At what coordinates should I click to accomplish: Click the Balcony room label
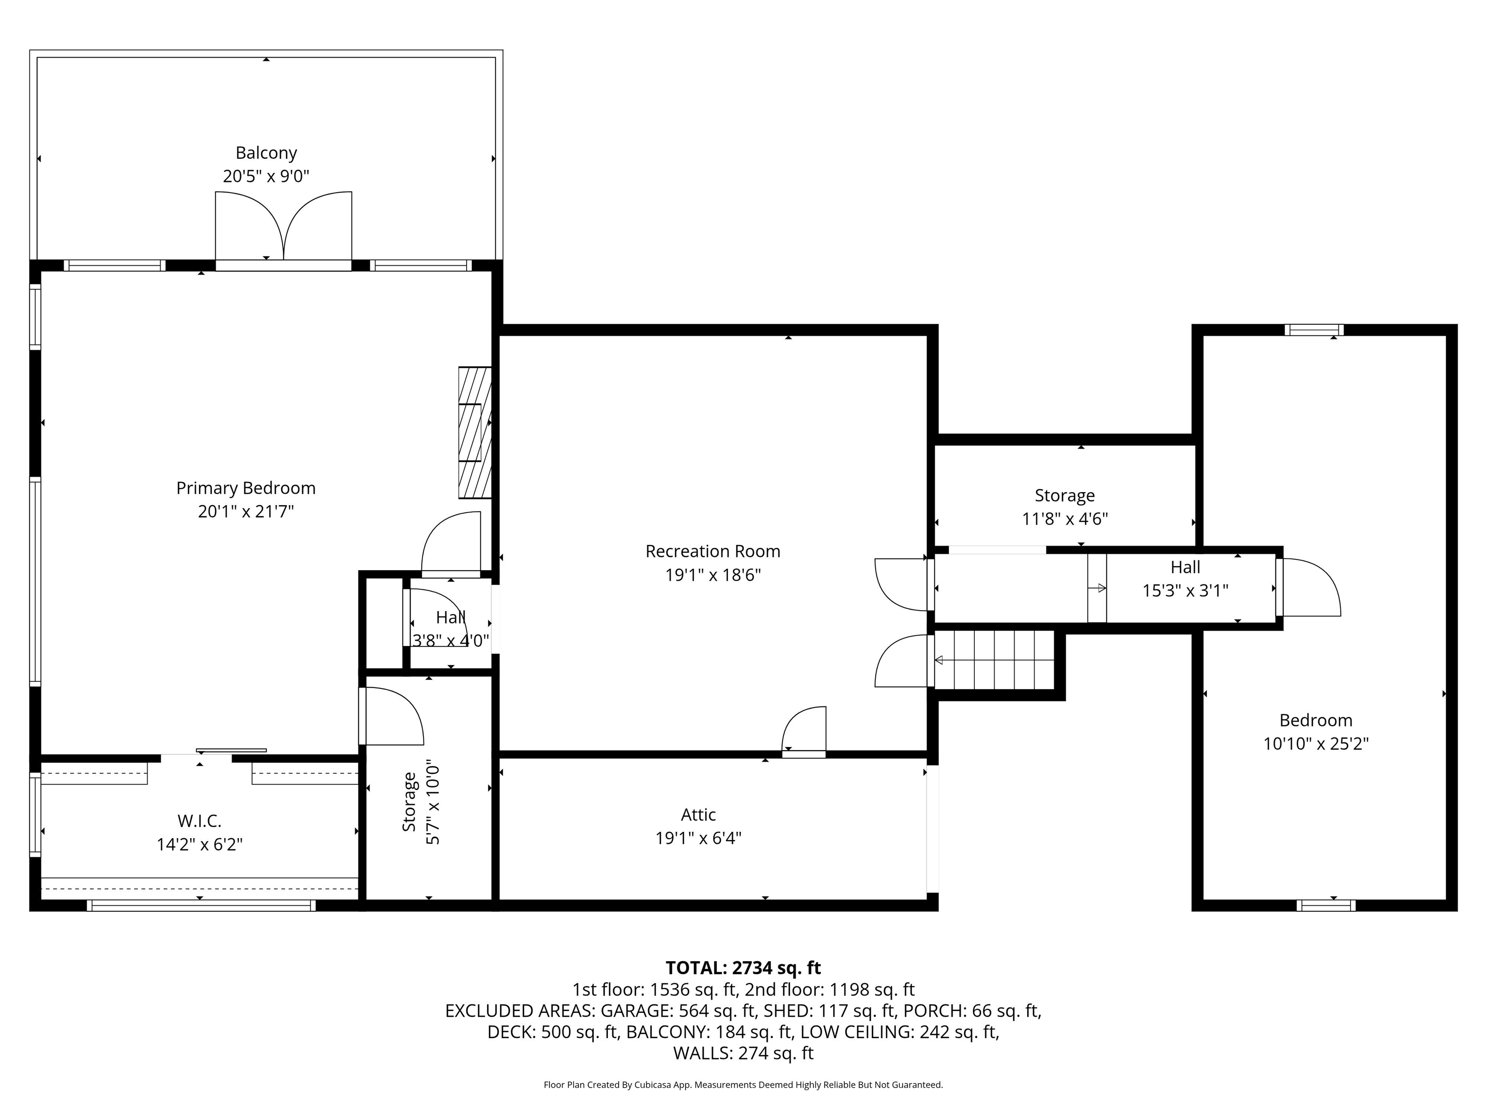pos(266,153)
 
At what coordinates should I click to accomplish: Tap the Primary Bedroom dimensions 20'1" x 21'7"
pos(246,512)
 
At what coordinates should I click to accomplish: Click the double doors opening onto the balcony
pos(284,228)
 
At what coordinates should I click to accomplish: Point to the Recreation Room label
pos(713,551)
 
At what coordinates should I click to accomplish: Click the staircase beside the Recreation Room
pos(994,660)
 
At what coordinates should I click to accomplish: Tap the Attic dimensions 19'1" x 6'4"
pos(698,838)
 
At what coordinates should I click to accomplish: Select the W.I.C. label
pos(199,821)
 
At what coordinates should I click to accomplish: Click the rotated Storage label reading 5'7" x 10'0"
pos(421,802)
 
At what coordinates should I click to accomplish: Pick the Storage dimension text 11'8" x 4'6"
pos(1065,519)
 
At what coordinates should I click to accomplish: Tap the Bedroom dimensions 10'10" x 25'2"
pos(1316,744)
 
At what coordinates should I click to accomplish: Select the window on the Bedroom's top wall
pos(1314,330)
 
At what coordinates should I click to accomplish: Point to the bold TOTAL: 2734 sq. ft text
pos(743,968)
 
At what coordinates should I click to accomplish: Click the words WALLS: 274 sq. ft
pos(743,1053)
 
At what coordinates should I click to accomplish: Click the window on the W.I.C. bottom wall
pos(201,905)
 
